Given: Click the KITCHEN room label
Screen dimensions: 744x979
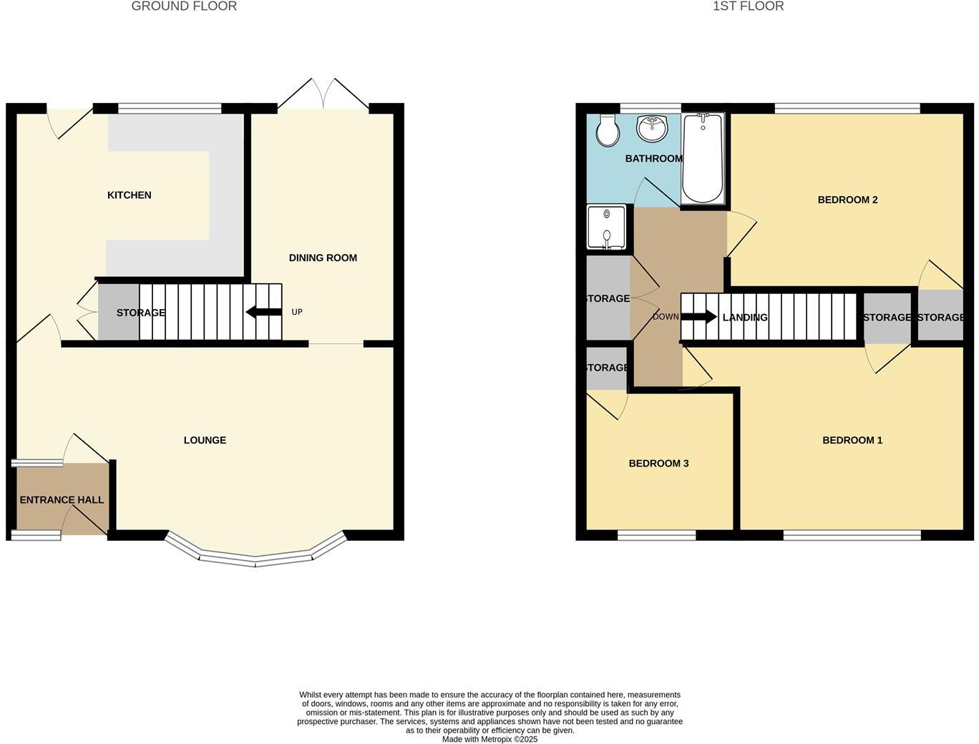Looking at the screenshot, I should (129, 195).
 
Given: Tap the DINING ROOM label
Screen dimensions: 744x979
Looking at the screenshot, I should (323, 258).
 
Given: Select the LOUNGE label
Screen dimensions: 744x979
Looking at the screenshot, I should (205, 441).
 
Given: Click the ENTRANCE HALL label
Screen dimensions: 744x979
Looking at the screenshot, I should (62, 500).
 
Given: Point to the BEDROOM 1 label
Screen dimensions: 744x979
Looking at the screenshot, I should (852, 441).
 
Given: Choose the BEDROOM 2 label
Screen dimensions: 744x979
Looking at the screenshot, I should (847, 200).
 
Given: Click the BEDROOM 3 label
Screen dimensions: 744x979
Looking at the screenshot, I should (658, 464).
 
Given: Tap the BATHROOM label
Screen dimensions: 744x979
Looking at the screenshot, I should (653, 159).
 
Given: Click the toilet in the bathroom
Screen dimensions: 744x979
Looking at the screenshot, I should (608, 129).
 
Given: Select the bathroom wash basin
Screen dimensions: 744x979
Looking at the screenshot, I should (651, 129).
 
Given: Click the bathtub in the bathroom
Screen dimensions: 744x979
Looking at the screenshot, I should (703, 159).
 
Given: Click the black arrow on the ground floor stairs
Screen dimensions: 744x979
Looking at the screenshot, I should (263, 312).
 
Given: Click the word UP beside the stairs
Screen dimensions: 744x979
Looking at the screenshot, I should (297, 312).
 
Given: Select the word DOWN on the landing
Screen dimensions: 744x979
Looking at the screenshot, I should (666, 317).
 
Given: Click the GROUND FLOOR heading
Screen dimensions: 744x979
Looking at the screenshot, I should (184, 6).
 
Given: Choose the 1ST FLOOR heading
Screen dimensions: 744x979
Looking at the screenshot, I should (748, 6).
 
